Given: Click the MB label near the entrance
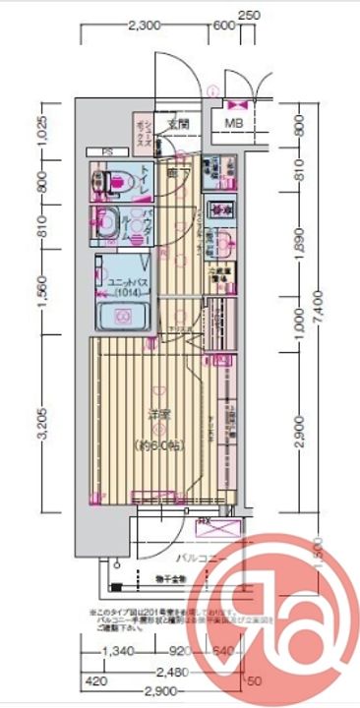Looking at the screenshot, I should pyautogui.click(x=233, y=123).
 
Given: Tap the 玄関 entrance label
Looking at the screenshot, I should pyautogui.click(x=178, y=125).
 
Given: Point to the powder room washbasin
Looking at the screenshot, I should pyautogui.click(x=106, y=222).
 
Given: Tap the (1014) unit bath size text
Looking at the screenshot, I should pyautogui.click(x=125, y=292).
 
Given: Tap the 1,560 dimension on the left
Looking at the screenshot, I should pyautogui.click(x=41, y=297).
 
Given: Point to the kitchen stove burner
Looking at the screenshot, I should pyautogui.click(x=220, y=208).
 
